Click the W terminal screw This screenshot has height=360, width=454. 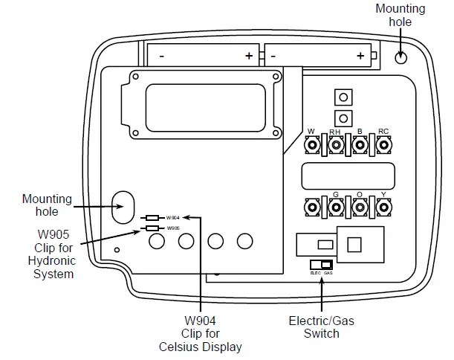[313, 146]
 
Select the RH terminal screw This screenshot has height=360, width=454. [337, 146]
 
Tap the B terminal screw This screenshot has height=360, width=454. [360, 146]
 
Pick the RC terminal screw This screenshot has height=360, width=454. [384, 146]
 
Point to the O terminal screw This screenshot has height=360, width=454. [360, 208]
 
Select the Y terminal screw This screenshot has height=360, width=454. [384, 208]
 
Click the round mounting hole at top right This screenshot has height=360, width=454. [401, 58]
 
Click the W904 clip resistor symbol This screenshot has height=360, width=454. [152, 217]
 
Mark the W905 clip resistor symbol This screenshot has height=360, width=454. [152, 228]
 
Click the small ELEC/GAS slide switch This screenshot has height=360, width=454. [321, 266]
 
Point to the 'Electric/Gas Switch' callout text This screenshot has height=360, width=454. [321, 327]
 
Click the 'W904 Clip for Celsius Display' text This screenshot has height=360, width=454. [200, 333]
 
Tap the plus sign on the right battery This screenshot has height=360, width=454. [360, 56]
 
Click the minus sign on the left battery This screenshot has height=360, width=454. [161, 56]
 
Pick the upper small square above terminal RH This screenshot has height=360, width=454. [343, 97]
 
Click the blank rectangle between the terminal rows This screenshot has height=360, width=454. [347, 176]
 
